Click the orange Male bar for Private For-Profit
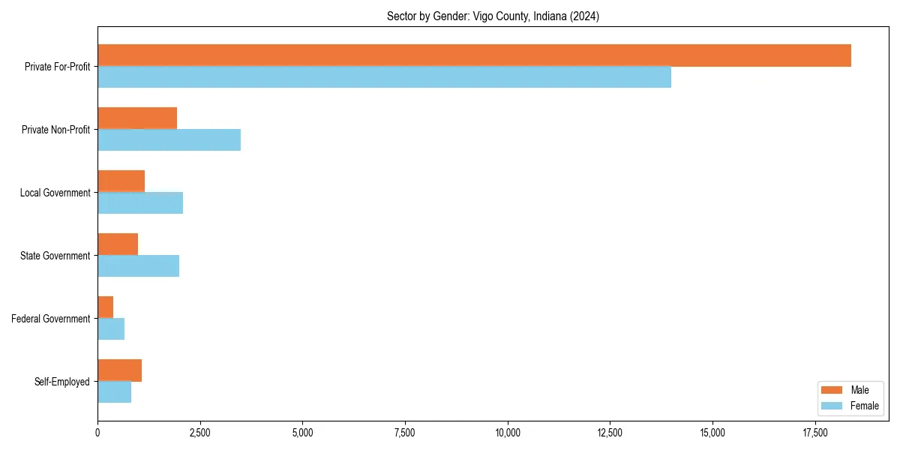474,55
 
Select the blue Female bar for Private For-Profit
384,77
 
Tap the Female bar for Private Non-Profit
169,140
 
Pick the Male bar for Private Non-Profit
137,118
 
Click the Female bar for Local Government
140,203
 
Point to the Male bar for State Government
118,244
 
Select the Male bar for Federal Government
106,307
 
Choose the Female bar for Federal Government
111,329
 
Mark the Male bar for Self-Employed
119,370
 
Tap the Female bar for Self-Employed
114,392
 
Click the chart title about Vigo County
493,16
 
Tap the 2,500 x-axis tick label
199,433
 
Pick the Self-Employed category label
62,382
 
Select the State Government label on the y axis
55,256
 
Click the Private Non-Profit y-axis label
55,130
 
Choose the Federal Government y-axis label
51,319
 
